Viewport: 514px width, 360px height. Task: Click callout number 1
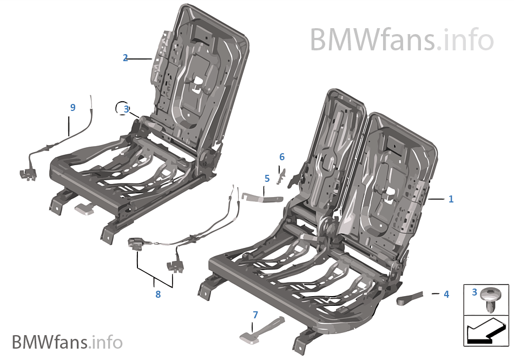click(x=451, y=199)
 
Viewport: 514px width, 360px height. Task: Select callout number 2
click(x=126, y=58)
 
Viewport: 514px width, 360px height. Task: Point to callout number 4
click(x=446, y=294)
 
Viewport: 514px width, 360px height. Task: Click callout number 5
click(x=267, y=178)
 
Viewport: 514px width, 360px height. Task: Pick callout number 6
click(x=281, y=157)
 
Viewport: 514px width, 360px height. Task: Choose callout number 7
click(x=255, y=315)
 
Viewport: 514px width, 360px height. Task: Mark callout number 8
click(x=158, y=294)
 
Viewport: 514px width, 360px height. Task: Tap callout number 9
click(x=73, y=108)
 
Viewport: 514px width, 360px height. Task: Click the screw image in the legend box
click(x=490, y=298)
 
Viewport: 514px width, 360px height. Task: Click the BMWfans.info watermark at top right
click(x=401, y=40)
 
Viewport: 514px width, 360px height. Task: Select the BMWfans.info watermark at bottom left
click(x=67, y=342)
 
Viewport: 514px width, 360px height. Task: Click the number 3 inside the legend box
click(x=475, y=292)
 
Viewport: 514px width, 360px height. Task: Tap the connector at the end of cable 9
click(x=27, y=173)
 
